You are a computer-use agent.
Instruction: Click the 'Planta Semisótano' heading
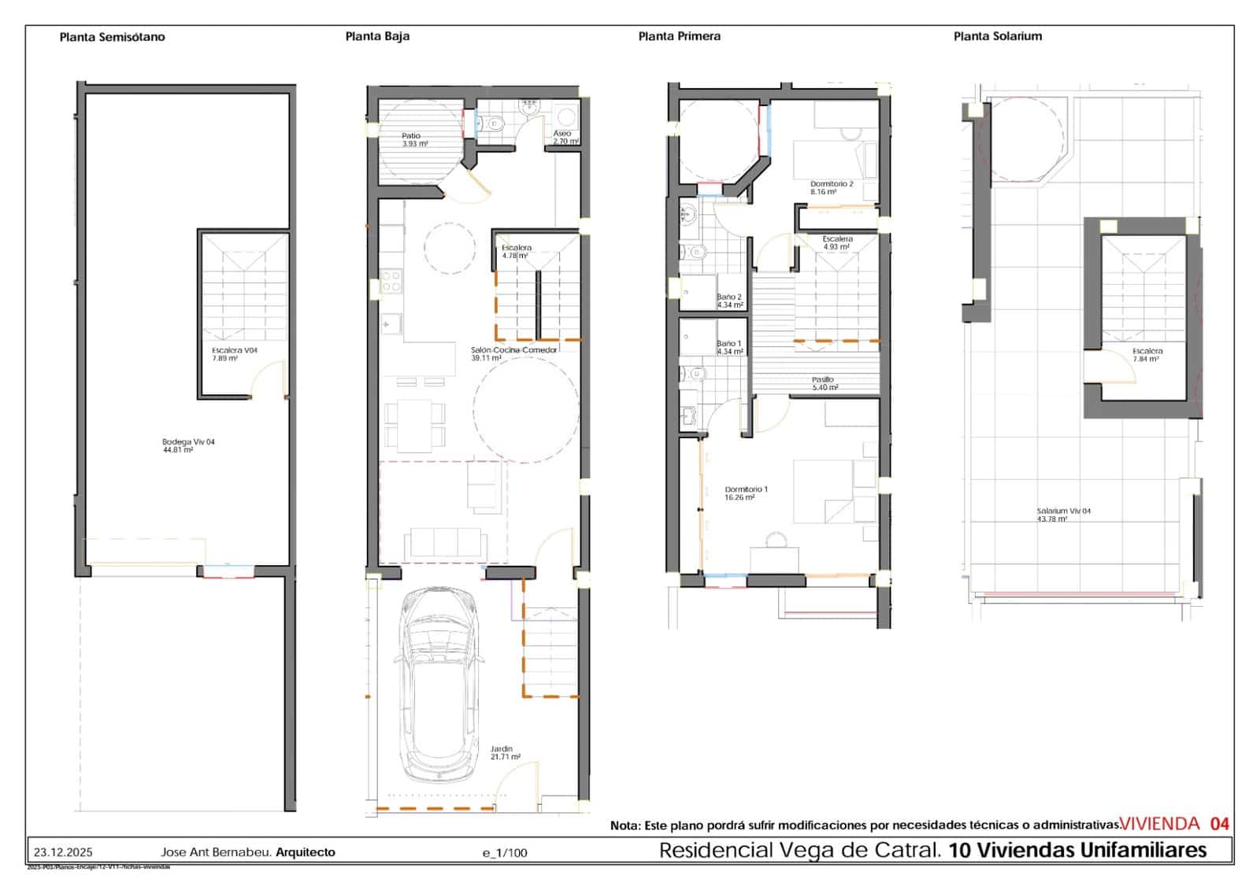(x=112, y=37)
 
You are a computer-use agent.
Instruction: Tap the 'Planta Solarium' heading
(x=997, y=36)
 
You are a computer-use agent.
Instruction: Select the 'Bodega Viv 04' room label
(x=188, y=445)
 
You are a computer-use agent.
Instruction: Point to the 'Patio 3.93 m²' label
(x=415, y=140)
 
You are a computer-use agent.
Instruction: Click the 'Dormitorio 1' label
(x=746, y=493)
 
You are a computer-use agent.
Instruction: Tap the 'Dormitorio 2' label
(x=832, y=187)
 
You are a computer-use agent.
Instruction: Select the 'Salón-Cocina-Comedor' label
(x=513, y=353)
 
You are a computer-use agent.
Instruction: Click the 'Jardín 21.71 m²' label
(x=505, y=752)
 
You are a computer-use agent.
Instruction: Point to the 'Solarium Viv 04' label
(x=1063, y=514)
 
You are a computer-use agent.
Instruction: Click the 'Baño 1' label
(x=729, y=347)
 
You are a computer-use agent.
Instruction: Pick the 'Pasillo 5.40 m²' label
(x=824, y=382)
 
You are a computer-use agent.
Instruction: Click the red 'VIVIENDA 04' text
(x=1173, y=824)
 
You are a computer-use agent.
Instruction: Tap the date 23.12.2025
(x=63, y=852)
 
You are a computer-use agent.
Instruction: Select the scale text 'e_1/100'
(x=505, y=853)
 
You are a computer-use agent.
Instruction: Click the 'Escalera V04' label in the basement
(x=234, y=353)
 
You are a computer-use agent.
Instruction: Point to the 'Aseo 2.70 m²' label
(x=565, y=137)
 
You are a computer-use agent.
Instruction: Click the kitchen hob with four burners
(x=391, y=282)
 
